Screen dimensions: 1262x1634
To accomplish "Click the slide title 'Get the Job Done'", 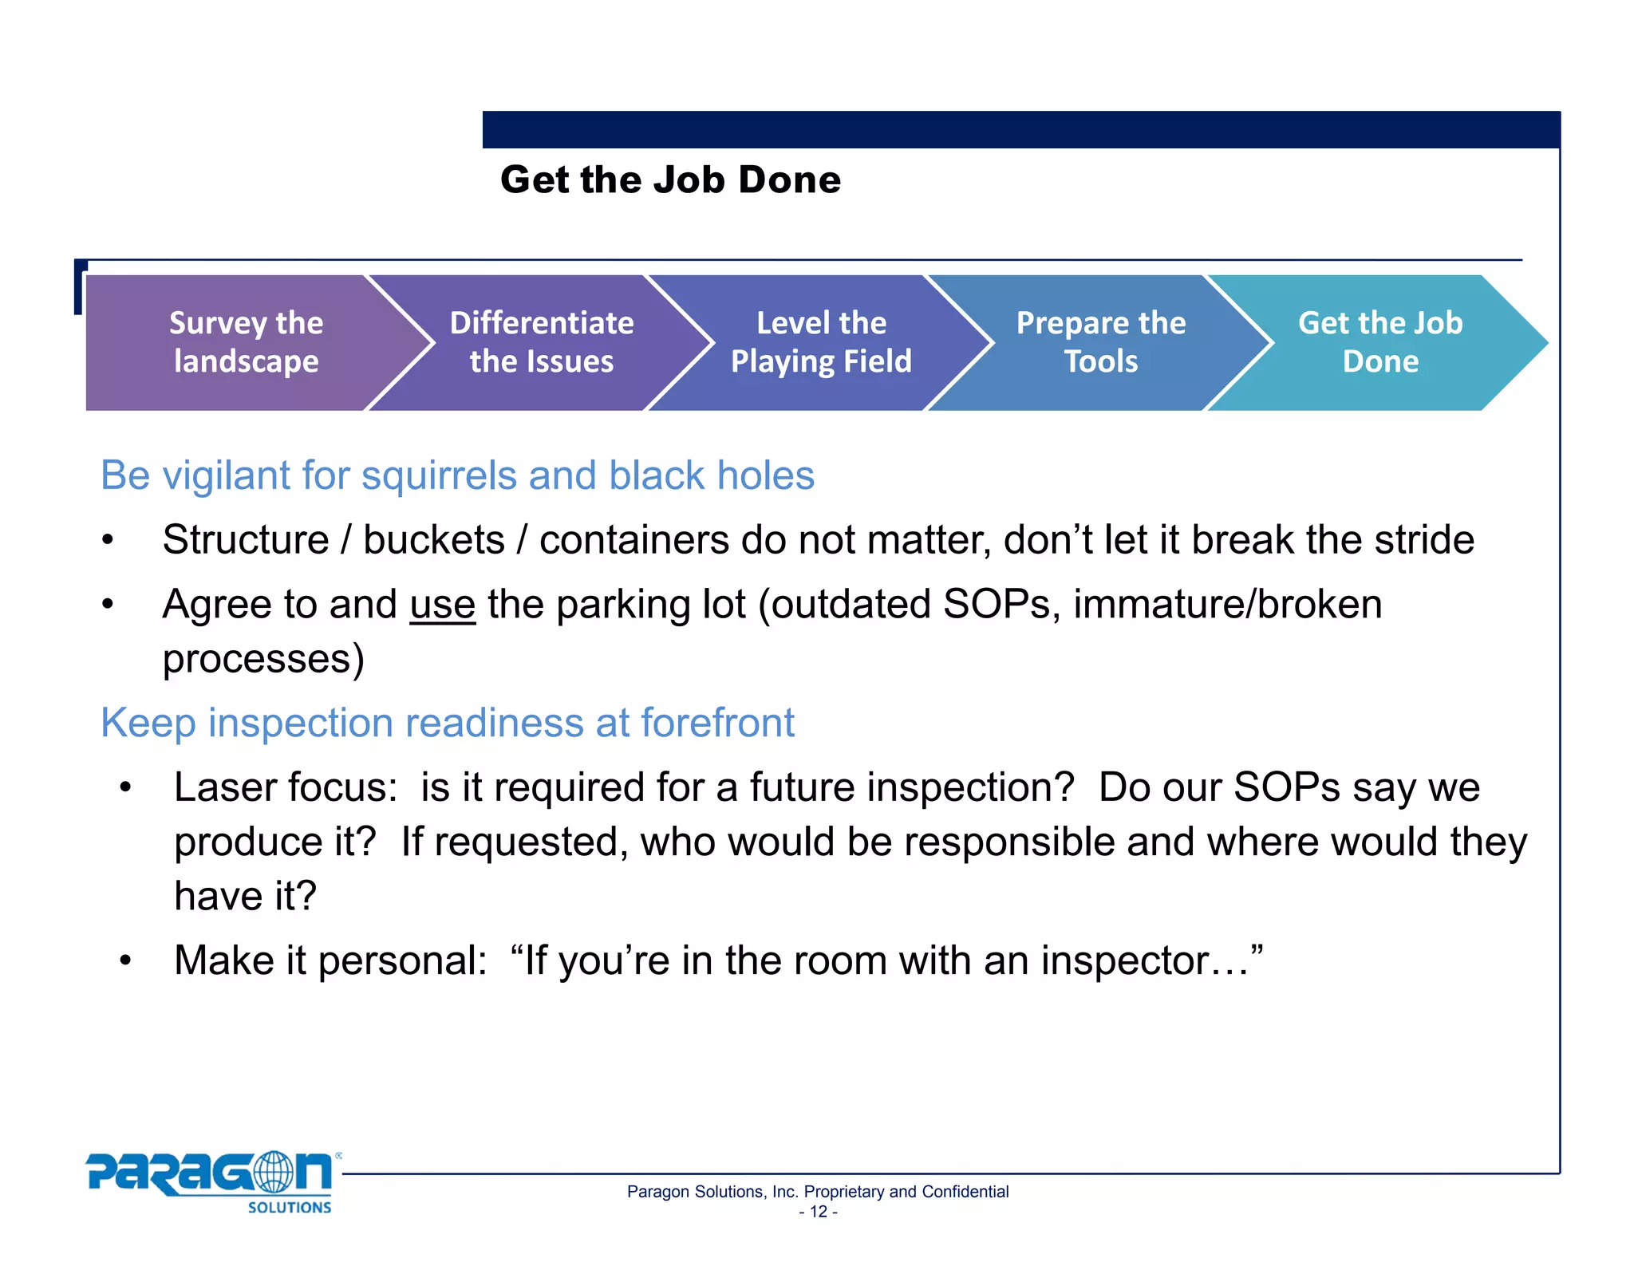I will [670, 179].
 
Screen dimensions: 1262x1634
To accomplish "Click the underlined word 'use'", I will [443, 604].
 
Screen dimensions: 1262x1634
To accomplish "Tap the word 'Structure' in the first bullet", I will [246, 540].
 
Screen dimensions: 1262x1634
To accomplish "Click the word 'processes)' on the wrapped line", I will [263, 659].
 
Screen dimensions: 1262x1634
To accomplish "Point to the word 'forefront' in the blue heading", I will [717, 723].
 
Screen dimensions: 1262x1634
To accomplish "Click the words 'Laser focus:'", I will [286, 787].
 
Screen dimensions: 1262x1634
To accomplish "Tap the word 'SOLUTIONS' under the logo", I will [289, 1208].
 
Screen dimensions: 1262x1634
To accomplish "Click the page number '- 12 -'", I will [818, 1212].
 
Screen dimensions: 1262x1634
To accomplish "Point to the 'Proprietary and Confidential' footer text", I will [906, 1192].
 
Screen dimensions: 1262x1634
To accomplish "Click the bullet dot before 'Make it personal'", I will [125, 961].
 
